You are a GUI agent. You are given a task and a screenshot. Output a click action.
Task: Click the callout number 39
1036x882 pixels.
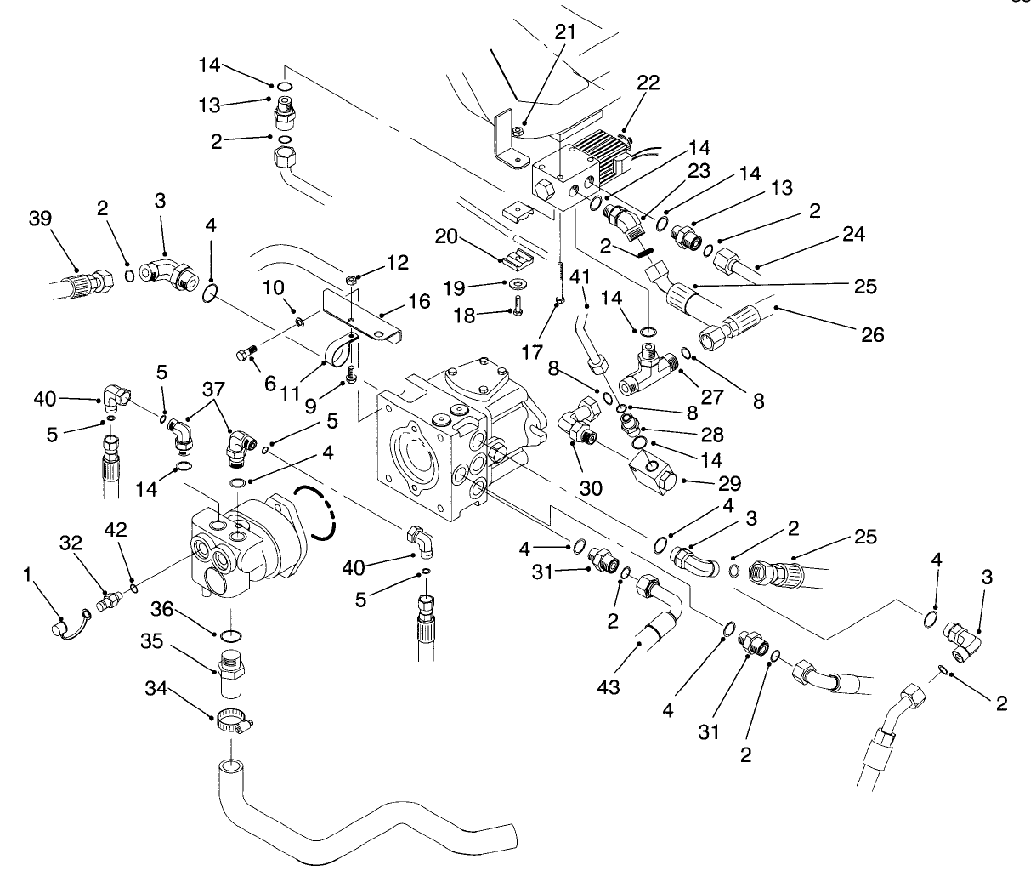(x=39, y=219)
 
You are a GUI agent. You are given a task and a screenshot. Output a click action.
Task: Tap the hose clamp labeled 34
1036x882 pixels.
(x=233, y=720)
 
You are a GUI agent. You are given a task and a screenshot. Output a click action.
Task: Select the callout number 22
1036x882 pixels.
(x=648, y=83)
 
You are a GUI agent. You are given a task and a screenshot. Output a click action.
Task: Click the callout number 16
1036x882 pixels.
(x=417, y=301)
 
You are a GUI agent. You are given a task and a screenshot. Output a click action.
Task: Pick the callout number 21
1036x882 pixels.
(x=564, y=32)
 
